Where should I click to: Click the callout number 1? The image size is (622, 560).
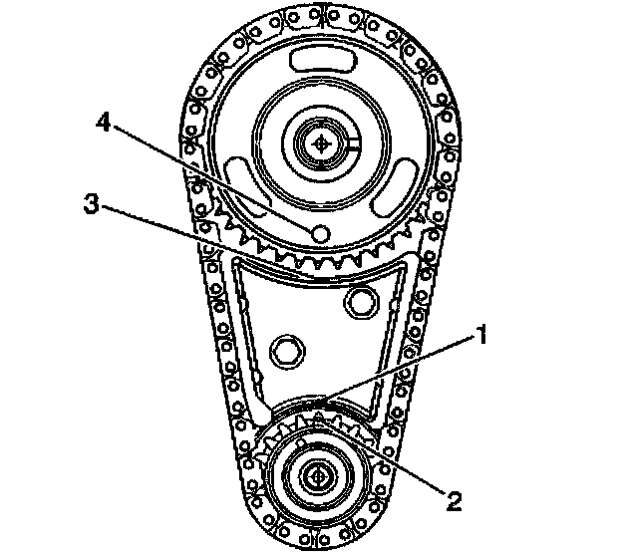tap(480, 336)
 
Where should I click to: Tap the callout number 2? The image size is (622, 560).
tap(454, 501)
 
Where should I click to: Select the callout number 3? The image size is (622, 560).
tap(92, 203)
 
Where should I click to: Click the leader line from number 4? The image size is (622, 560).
tap(212, 178)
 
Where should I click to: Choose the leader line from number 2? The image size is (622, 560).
tap(382, 457)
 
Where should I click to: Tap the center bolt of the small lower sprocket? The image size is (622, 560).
tap(317, 476)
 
